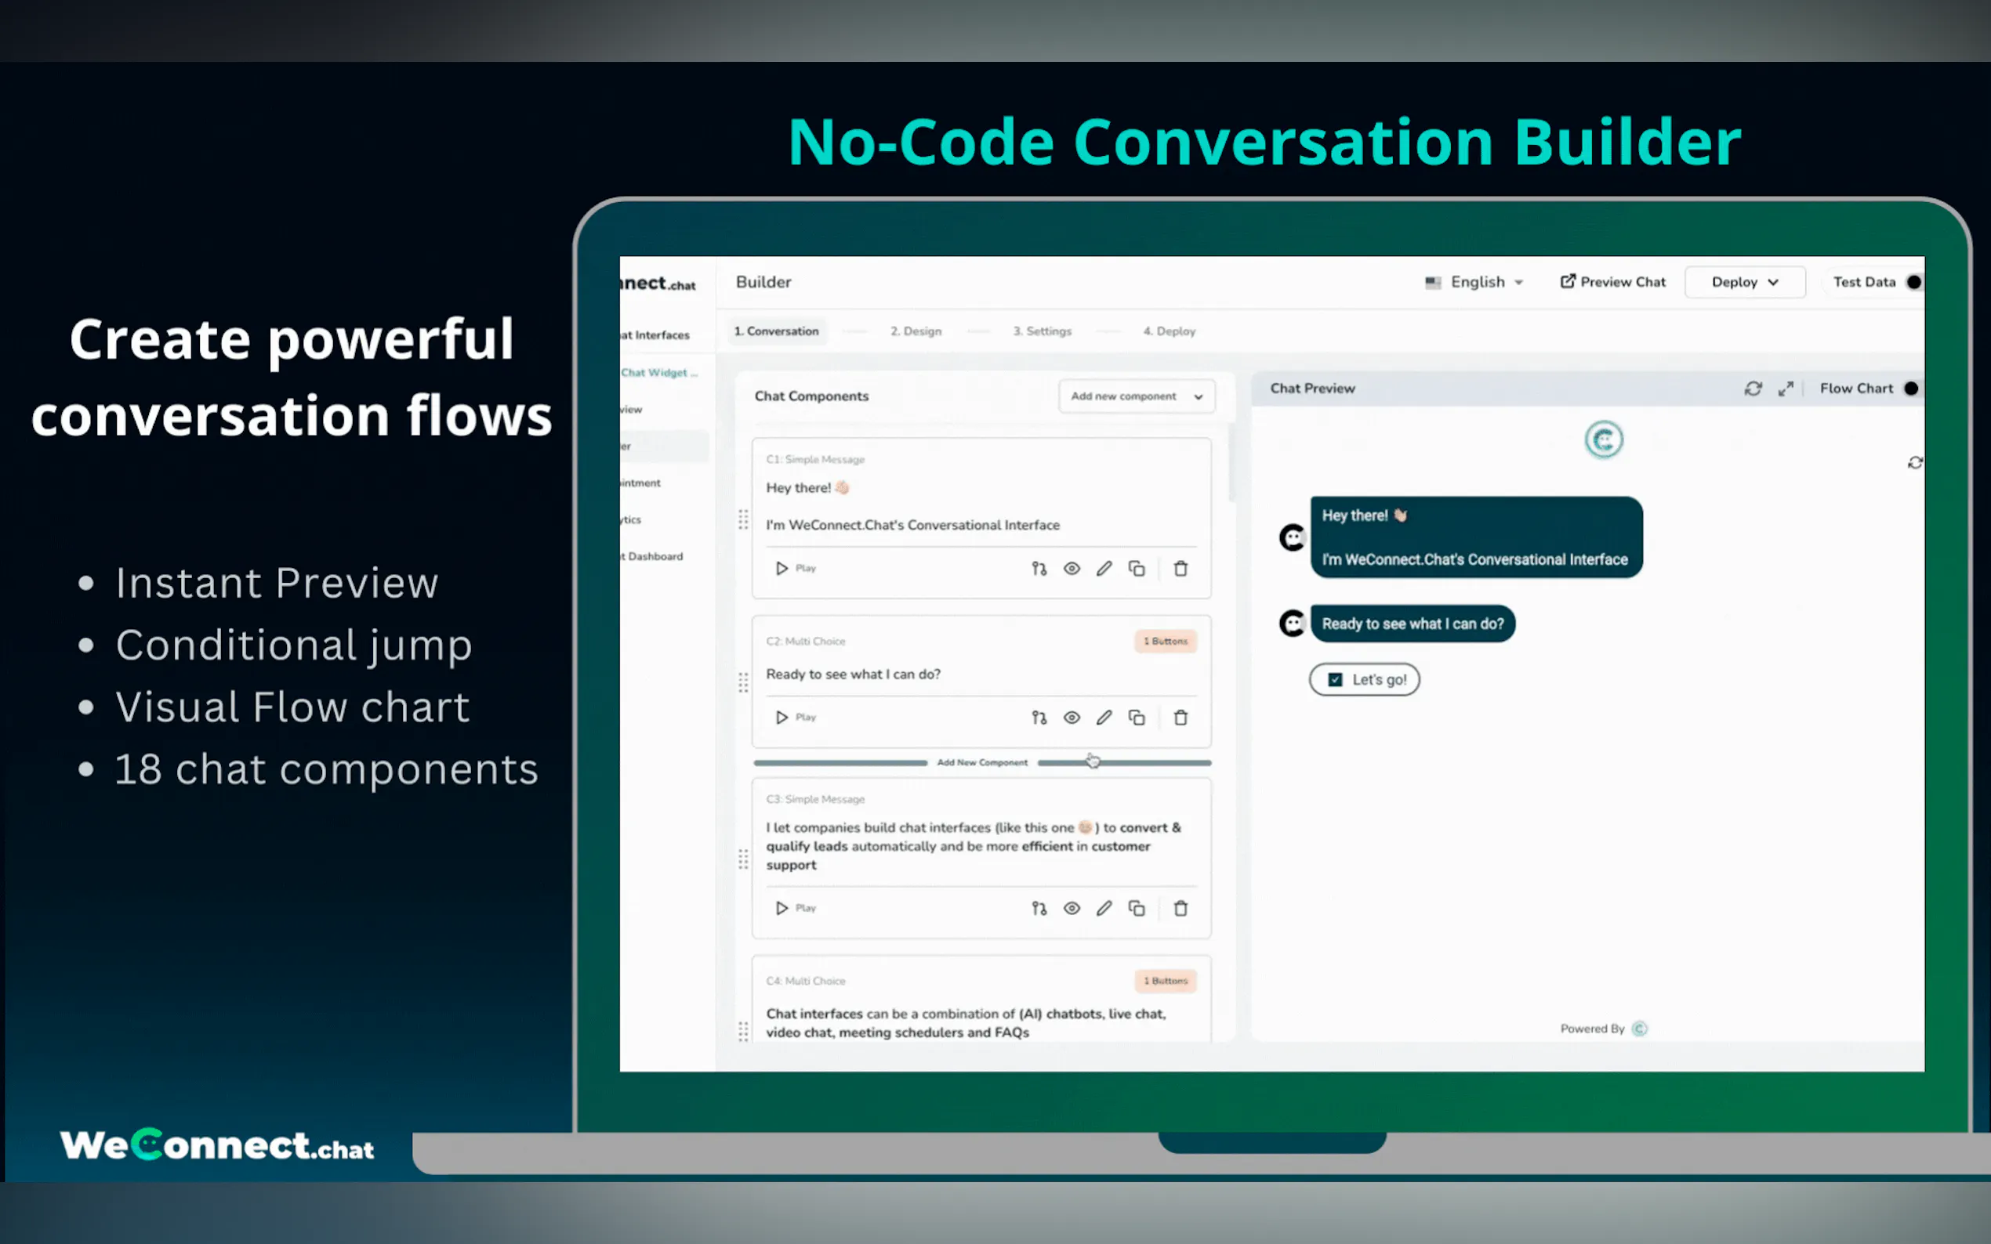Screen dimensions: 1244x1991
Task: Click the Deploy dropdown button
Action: coord(1744,282)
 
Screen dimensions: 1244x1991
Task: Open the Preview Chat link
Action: coord(1612,282)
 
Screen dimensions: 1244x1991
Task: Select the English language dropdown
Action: coord(1476,282)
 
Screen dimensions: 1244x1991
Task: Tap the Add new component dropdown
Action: coord(1136,396)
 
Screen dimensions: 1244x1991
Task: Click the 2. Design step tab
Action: coord(916,331)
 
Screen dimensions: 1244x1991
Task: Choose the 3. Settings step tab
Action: coord(1042,331)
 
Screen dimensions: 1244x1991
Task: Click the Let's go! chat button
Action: coord(1365,680)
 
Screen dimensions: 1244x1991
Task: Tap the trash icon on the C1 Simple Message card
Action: coord(1180,569)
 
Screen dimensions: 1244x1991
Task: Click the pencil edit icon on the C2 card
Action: coord(1104,718)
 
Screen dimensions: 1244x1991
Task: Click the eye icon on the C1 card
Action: coord(1071,569)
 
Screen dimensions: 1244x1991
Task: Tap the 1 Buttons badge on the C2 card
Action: coord(1166,641)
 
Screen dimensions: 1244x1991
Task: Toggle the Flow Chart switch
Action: coord(1910,389)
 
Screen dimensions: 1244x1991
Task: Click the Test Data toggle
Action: coord(1913,282)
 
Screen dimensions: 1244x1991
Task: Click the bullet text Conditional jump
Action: coord(293,644)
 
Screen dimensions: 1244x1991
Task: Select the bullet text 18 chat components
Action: coord(326,769)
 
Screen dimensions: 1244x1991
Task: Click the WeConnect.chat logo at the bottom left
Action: coord(216,1145)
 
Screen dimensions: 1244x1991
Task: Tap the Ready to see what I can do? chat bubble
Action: coord(1413,624)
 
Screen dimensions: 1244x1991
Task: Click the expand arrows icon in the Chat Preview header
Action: coord(1785,389)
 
